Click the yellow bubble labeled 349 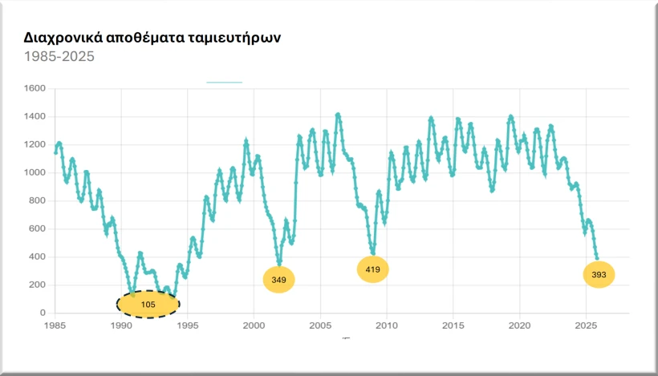pos(279,279)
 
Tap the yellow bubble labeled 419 pos(372,269)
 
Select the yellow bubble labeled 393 pos(599,275)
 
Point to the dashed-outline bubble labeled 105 pos(148,304)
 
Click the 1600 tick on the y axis pos(34,88)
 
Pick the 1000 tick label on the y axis pos(34,172)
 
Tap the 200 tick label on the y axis pos(36,285)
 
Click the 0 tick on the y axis pos(42,313)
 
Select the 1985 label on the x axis pos(55,325)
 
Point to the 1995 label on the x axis pos(188,325)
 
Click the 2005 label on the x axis pos(320,325)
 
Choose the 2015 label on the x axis pos(453,325)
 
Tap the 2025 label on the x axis pos(586,325)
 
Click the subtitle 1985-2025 pos(59,57)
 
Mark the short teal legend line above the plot pos(224,82)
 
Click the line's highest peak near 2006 pos(338,115)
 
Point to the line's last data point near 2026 pos(597,257)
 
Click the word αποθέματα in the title pos(147,38)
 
